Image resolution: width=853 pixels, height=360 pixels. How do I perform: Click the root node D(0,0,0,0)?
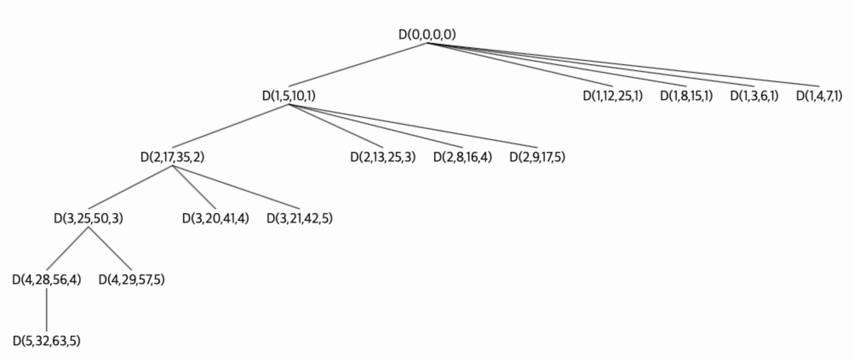click(427, 34)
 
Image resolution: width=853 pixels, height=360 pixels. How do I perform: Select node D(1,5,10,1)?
click(289, 96)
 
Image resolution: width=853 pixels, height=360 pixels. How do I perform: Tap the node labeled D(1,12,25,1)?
click(613, 96)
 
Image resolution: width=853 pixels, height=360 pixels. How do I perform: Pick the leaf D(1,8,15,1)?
click(686, 96)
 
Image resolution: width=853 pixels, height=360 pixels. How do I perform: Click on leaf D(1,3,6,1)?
click(754, 96)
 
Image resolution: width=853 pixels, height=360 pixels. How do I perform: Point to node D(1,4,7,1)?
click(819, 96)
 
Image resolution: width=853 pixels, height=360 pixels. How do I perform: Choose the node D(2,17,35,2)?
click(172, 157)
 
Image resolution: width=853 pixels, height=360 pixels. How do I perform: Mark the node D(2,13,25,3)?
click(383, 157)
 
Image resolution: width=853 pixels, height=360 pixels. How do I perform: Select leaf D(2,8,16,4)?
click(463, 157)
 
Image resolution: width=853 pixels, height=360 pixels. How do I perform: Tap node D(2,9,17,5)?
click(537, 157)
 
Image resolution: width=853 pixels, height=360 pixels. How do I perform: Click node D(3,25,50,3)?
click(89, 218)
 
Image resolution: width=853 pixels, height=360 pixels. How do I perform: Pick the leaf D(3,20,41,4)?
click(215, 218)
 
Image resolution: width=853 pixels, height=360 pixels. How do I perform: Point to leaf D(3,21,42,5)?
click(300, 218)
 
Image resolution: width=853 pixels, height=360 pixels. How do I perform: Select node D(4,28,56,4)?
click(46, 280)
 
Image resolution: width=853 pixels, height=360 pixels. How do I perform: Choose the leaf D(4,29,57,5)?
click(132, 280)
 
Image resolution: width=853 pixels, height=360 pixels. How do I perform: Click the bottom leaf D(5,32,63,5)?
click(46, 341)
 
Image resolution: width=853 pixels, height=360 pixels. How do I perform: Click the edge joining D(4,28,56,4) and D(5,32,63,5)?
click(46, 310)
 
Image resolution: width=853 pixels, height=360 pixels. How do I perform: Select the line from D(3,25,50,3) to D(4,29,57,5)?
click(110, 249)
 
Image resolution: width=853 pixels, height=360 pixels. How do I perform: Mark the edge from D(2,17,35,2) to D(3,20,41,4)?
click(194, 188)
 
